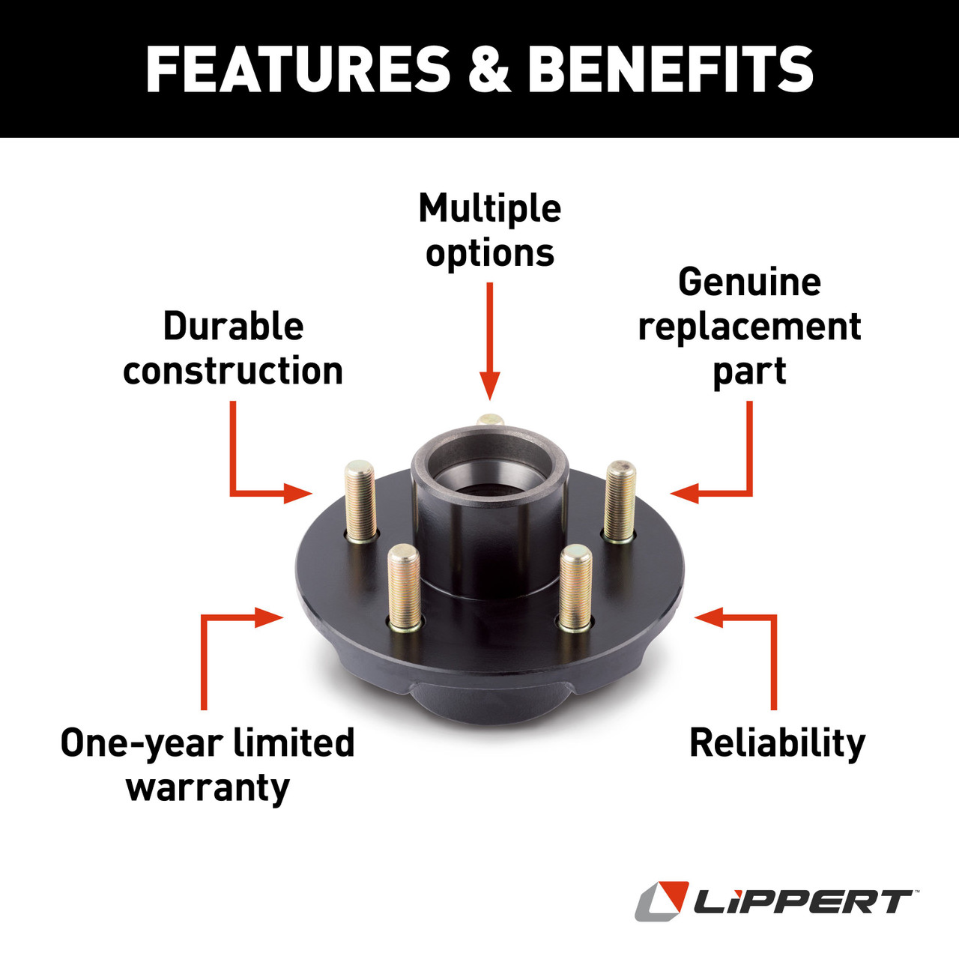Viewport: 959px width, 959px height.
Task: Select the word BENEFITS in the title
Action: tap(671, 69)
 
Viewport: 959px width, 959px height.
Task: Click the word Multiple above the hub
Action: tap(489, 208)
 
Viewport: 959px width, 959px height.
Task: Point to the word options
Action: tap(490, 253)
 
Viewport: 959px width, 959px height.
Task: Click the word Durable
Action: tap(233, 326)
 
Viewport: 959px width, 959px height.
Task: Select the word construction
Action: tap(233, 370)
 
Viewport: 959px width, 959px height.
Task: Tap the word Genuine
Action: tap(749, 282)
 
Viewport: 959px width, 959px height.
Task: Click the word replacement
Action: tap(749, 327)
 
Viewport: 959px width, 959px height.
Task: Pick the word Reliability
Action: tap(777, 743)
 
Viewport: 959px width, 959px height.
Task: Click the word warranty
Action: tap(208, 788)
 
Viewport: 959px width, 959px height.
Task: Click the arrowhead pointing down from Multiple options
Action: tap(489, 388)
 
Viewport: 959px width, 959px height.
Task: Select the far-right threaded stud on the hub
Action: tap(620, 500)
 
